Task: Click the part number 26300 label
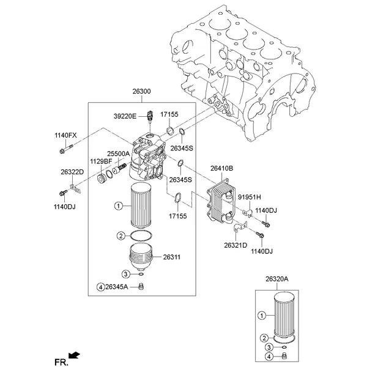point(142,91)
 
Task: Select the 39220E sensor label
point(125,116)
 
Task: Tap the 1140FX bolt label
point(65,135)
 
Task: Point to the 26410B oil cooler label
point(221,168)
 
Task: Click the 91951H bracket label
point(250,197)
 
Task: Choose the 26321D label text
point(235,245)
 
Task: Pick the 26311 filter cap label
point(171,257)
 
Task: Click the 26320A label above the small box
point(277,279)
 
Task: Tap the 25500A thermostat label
point(118,154)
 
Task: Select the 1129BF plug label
point(101,161)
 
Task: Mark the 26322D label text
point(72,172)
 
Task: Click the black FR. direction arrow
point(75,355)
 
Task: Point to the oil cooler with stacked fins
point(221,200)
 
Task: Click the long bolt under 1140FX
point(67,149)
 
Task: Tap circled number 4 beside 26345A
point(101,287)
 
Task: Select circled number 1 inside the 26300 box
point(119,206)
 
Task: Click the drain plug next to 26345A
point(141,286)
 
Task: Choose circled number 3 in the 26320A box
point(269,347)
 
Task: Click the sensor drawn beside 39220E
point(150,116)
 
